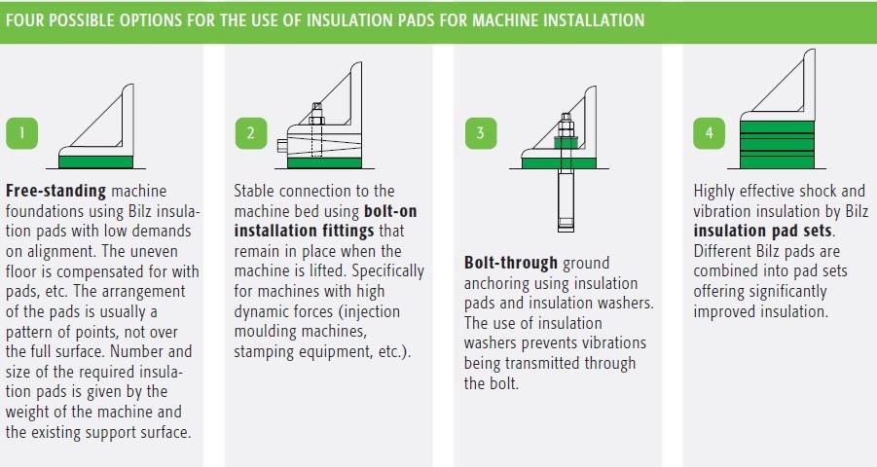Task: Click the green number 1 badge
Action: [21, 133]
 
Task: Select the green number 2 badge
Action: [250, 133]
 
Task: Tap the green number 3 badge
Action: [481, 133]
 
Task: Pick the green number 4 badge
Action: [709, 133]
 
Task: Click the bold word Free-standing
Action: [55, 192]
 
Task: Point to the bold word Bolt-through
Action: [511, 263]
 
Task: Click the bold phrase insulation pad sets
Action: [763, 231]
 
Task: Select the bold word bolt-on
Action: [390, 211]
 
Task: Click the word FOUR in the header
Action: [24, 20]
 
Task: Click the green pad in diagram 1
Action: [95, 162]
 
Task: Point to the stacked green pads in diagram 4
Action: [777, 144]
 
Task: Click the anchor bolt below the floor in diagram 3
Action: [566, 200]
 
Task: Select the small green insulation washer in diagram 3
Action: [566, 143]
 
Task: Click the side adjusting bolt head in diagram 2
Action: [282, 146]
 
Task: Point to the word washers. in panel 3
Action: [626, 304]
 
